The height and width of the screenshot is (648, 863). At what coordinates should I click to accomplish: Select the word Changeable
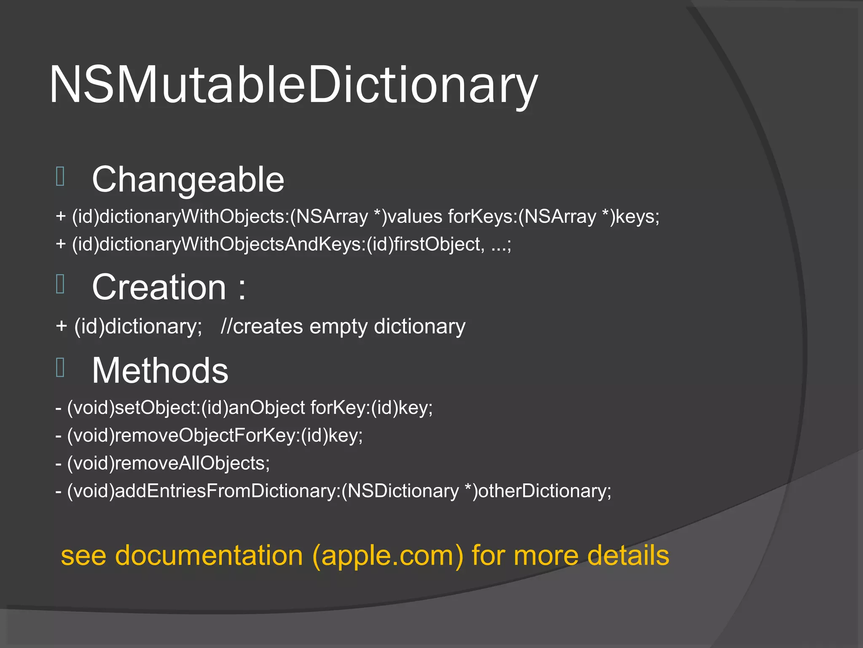point(188,180)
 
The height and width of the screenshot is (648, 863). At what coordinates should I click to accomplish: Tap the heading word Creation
point(159,287)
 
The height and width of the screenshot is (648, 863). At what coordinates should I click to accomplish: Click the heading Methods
point(160,370)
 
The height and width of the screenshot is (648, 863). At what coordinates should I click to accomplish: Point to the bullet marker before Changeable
point(60,176)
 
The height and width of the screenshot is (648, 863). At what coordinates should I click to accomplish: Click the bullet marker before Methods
point(60,367)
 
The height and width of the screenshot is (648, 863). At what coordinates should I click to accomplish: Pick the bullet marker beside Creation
point(60,284)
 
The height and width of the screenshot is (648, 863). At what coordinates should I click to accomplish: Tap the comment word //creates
point(262,327)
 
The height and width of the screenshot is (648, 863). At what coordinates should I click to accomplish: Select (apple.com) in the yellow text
point(388,556)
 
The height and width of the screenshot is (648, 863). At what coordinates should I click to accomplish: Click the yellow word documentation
point(209,556)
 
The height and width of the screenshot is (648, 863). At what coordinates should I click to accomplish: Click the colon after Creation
point(242,289)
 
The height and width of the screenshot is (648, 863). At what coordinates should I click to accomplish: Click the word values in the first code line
point(415,217)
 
